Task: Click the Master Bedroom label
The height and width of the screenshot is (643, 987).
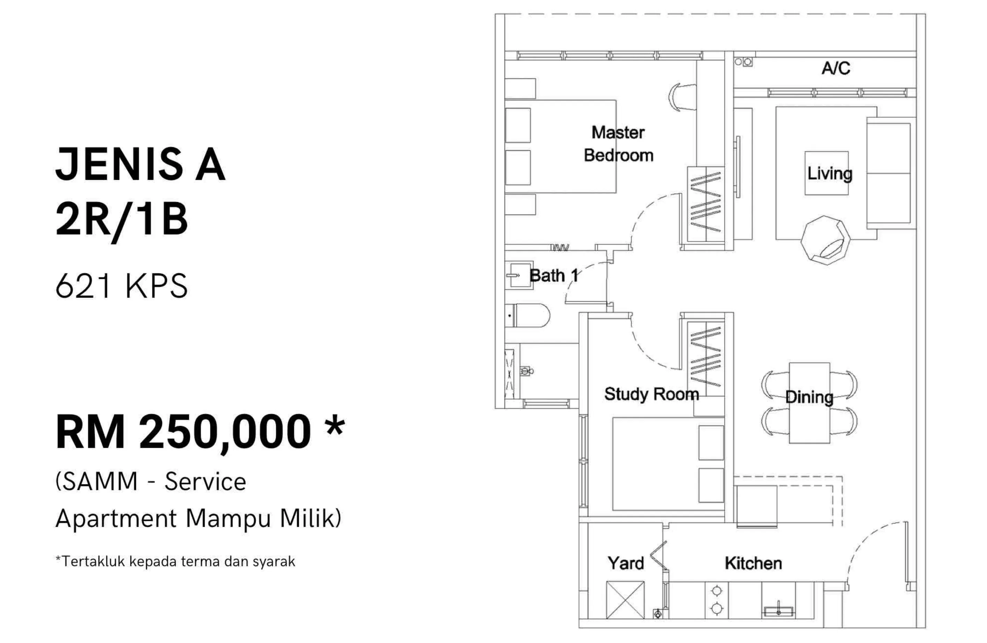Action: (618, 143)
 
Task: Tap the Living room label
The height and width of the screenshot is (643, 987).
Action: (830, 173)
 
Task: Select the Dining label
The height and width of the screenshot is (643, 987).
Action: (809, 397)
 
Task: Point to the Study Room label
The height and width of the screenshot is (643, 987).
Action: (651, 394)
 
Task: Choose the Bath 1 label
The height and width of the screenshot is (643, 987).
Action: (554, 275)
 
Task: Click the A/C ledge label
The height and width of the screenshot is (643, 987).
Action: (836, 68)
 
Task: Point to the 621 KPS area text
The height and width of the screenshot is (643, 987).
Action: (121, 286)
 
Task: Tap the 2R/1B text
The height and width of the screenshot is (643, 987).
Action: (121, 221)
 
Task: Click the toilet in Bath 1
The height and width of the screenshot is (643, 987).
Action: (528, 315)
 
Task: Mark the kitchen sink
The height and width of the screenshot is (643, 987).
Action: (778, 611)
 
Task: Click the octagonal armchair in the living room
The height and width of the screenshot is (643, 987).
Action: (825, 240)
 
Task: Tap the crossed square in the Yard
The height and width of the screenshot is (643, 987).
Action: (625, 600)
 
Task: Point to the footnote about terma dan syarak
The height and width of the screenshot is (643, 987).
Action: (175, 561)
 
